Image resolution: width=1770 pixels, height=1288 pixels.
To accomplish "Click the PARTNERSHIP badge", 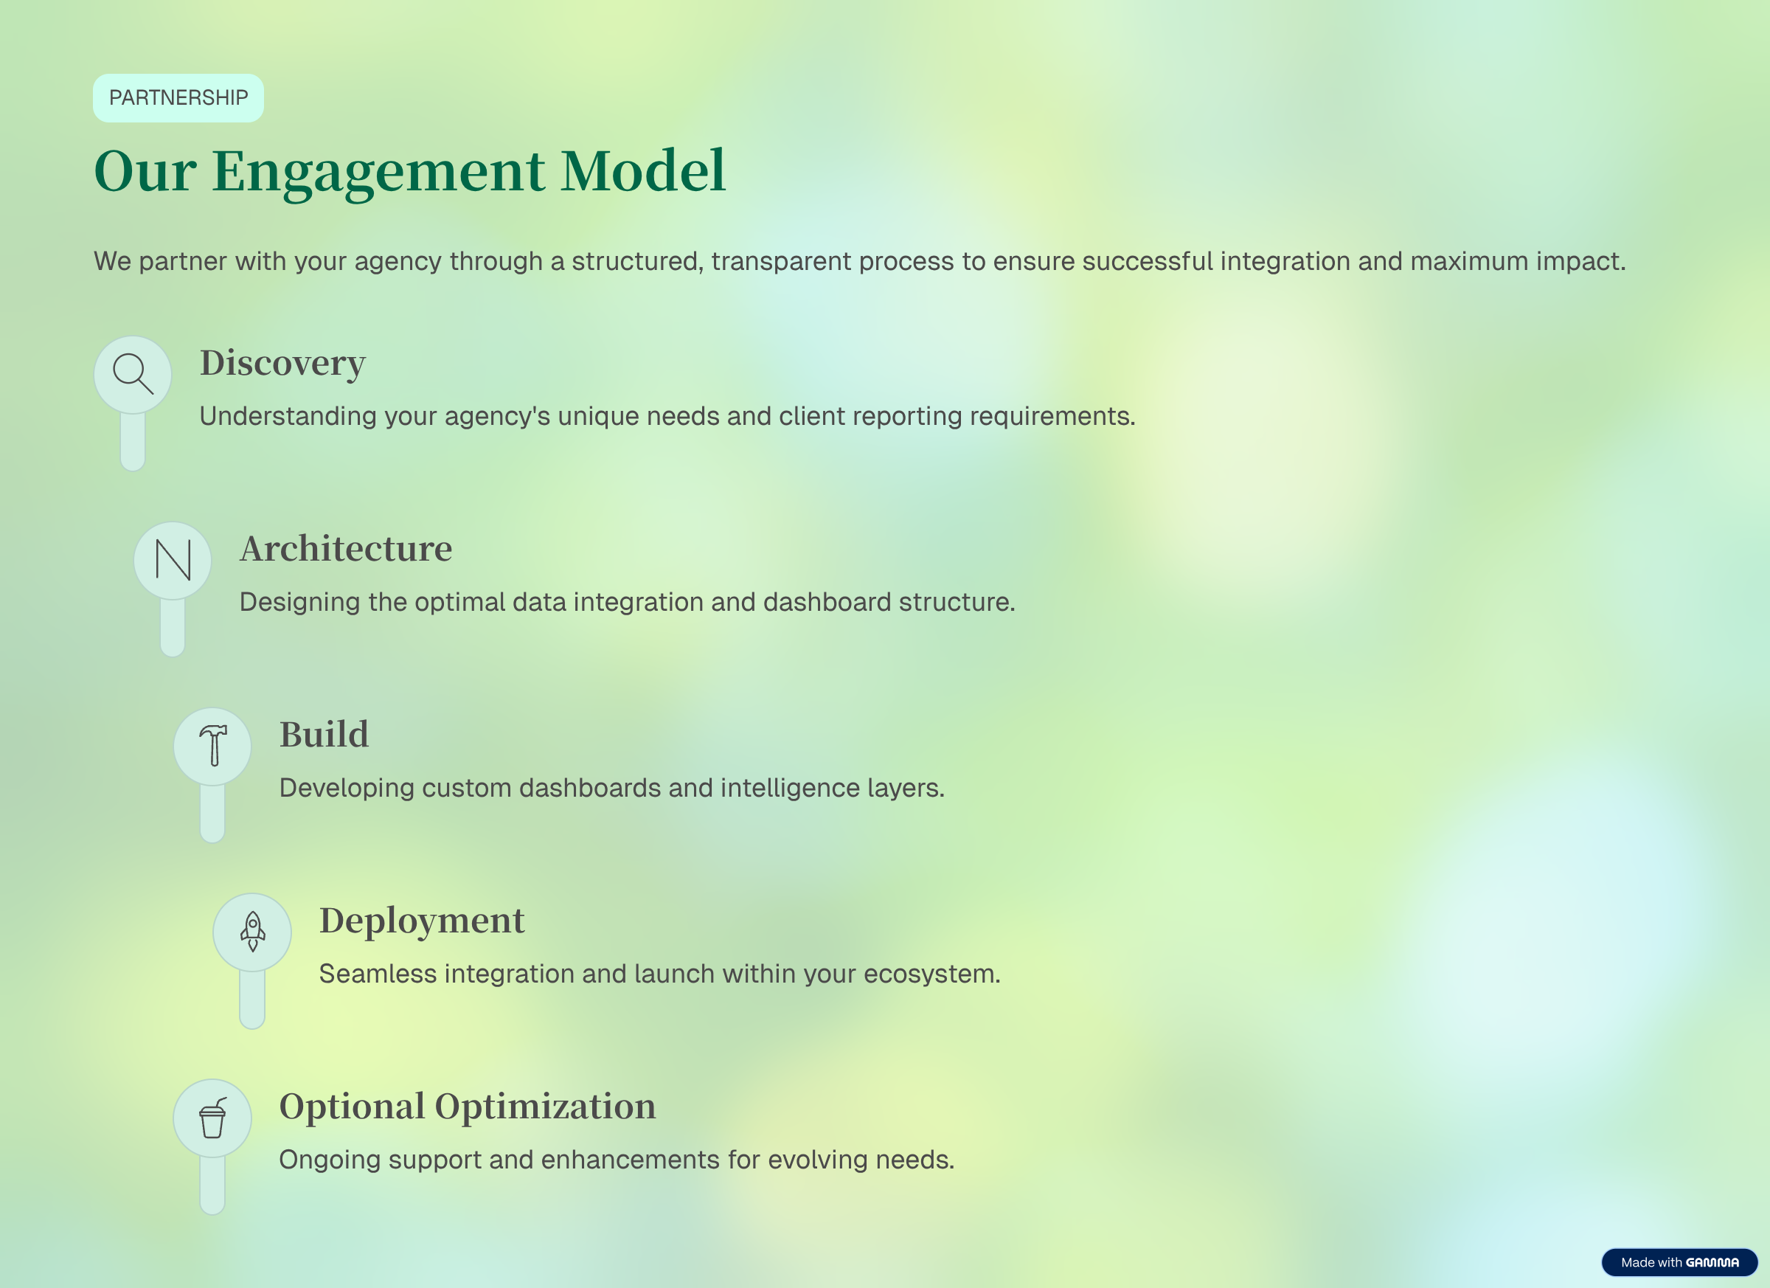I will (x=178, y=97).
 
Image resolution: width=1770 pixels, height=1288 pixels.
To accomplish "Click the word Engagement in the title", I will (x=378, y=171).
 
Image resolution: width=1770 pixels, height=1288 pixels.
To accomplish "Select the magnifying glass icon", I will (x=133, y=374).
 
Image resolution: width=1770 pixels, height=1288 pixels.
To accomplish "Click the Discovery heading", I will (x=282, y=363).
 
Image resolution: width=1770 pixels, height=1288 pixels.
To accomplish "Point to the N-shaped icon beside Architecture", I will (x=173, y=560).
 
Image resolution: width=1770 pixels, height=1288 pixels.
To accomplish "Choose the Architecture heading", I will (x=346, y=549).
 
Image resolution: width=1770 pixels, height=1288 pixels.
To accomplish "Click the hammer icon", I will (x=212, y=746).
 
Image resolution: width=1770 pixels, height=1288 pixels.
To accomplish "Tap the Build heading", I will (x=324, y=735).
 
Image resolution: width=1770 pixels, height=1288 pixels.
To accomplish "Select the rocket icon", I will (x=252, y=931).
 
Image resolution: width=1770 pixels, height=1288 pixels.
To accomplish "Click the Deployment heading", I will (x=421, y=921).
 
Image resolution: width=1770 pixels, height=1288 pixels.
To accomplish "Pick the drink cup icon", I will (x=212, y=1118).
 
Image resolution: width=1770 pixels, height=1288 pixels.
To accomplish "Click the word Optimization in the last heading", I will (x=545, y=1106).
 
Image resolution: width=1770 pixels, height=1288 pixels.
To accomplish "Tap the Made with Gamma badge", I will (x=1679, y=1262).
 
